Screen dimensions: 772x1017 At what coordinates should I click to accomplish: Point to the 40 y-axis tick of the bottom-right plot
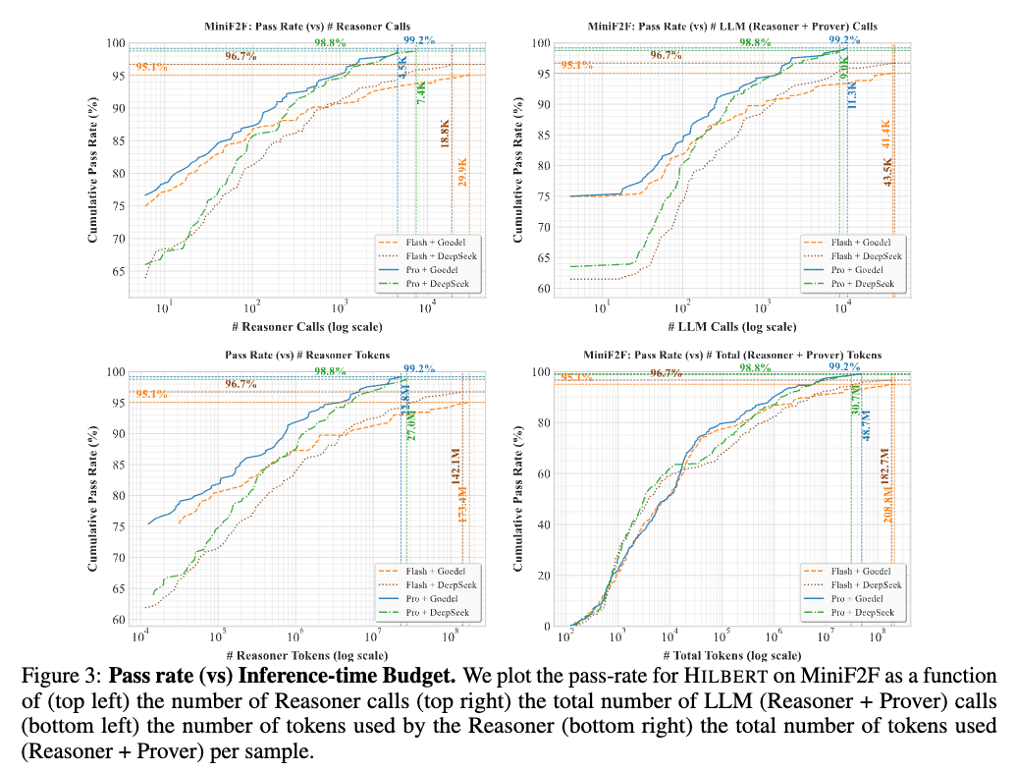tap(545, 524)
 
